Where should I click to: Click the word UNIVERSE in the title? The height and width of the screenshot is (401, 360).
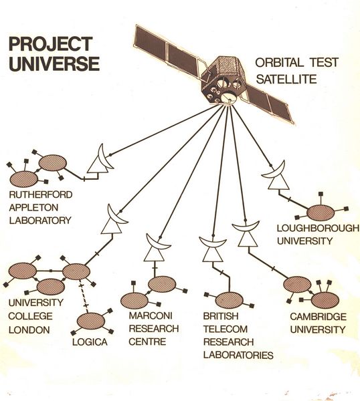(x=54, y=63)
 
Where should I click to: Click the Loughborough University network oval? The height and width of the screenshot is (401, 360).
(x=320, y=213)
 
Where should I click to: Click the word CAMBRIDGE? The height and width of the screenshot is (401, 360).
(x=317, y=315)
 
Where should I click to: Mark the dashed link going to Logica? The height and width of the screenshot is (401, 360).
(x=83, y=296)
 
